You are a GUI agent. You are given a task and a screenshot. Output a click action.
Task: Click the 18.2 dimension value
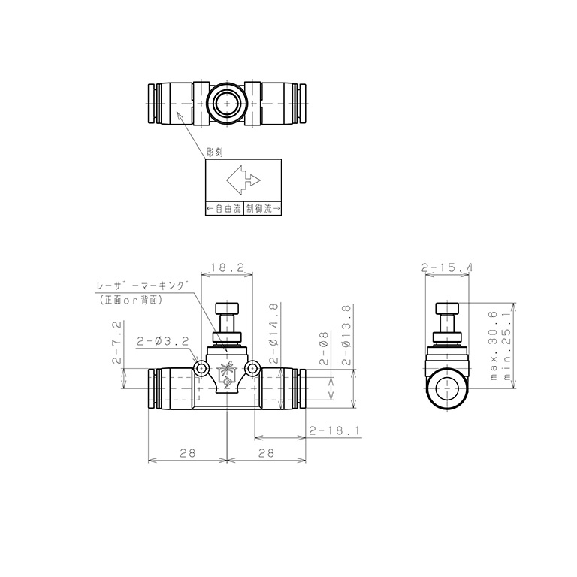click(226, 267)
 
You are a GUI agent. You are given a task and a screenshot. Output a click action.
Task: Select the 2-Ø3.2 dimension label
click(162, 341)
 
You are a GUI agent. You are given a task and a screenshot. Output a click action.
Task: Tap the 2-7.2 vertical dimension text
click(116, 343)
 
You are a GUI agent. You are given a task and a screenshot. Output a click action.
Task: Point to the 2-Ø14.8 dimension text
click(275, 334)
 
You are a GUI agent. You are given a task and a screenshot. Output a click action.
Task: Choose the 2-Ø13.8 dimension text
click(347, 334)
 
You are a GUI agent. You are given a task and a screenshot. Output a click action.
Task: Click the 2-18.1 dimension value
click(334, 430)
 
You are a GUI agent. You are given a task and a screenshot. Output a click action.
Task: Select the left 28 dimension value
click(188, 452)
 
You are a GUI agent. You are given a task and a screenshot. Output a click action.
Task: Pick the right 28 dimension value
click(266, 452)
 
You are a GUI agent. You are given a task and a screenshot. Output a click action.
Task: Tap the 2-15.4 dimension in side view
click(447, 267)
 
